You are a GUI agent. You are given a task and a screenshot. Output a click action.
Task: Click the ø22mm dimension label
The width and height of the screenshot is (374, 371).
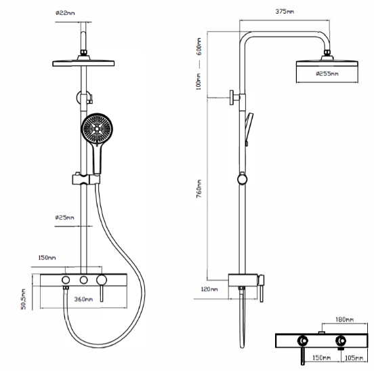point(65,13)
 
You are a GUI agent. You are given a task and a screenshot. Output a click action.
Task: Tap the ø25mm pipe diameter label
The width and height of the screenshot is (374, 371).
point(64,218)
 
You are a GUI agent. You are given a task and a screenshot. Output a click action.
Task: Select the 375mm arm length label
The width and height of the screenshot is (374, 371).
point(285,12)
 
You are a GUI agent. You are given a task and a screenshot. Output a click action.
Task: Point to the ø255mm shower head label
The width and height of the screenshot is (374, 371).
point(327,74)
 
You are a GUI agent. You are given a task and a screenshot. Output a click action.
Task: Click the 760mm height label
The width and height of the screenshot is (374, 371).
point(199,189)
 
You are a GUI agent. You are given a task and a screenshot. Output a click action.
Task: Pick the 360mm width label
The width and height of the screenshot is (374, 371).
point(83,299)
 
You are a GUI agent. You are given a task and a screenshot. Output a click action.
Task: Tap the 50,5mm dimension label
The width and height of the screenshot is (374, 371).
point(23,299)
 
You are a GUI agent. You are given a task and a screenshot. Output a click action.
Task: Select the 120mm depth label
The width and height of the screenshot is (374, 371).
point(209,290)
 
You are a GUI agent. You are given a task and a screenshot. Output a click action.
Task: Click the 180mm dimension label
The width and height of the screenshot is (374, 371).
point(344,319)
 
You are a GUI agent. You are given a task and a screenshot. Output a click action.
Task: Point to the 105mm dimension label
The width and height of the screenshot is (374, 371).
point(354,357)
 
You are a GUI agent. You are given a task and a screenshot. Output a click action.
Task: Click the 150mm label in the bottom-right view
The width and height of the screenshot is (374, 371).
point(322,357)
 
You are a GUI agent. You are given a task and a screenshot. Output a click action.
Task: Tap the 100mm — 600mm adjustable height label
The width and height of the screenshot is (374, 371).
point(199,64)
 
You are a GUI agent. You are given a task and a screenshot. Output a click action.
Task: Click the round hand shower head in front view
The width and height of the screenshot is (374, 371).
point(97,129)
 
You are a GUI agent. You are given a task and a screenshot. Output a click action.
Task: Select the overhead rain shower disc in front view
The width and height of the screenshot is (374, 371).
point(83,63)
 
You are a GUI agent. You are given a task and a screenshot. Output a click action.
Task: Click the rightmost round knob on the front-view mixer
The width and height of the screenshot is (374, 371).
point(102,280)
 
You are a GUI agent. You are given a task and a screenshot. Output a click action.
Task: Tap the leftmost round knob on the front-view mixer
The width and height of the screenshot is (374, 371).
point(66,280)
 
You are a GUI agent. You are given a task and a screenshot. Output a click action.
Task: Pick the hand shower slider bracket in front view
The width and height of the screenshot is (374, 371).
point(86,179)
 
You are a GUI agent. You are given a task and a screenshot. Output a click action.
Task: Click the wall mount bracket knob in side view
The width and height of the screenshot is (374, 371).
point(234,98)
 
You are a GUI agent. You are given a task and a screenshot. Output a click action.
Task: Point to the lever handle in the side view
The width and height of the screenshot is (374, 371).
point(262,288)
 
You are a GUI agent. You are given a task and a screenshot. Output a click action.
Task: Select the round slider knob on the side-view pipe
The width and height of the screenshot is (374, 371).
point(243,179)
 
